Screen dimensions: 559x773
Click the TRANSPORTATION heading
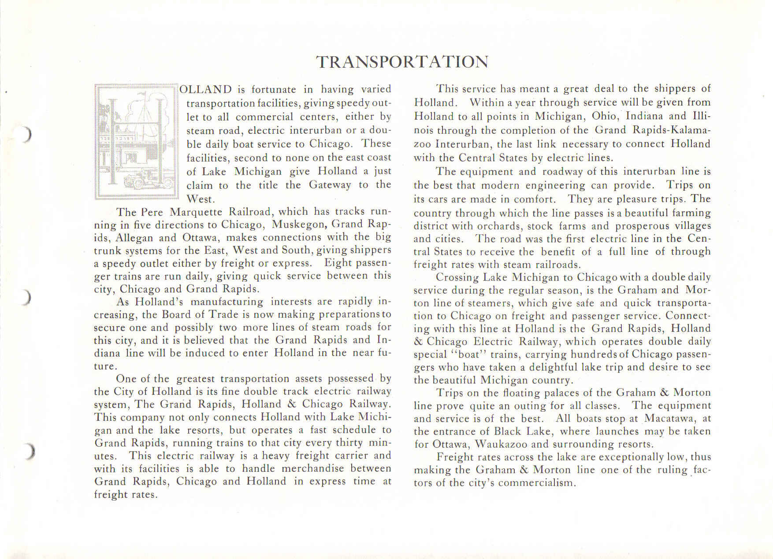pos(402,62)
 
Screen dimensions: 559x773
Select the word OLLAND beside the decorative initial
pos(205,89)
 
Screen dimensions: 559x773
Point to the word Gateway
pos(330,185)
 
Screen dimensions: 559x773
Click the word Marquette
pos(196,212)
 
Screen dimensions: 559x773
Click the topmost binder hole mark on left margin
pos(27,134)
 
